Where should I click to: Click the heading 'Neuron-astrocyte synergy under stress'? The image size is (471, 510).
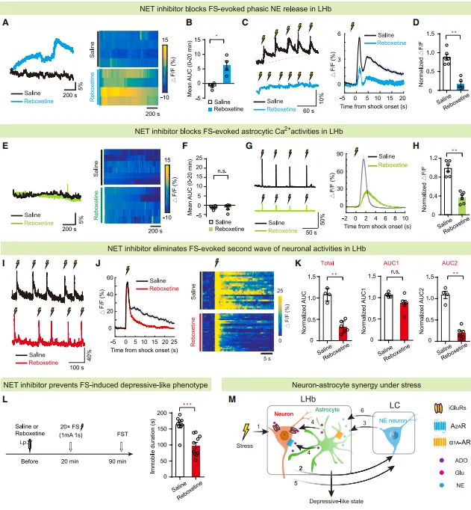point(348,385)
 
